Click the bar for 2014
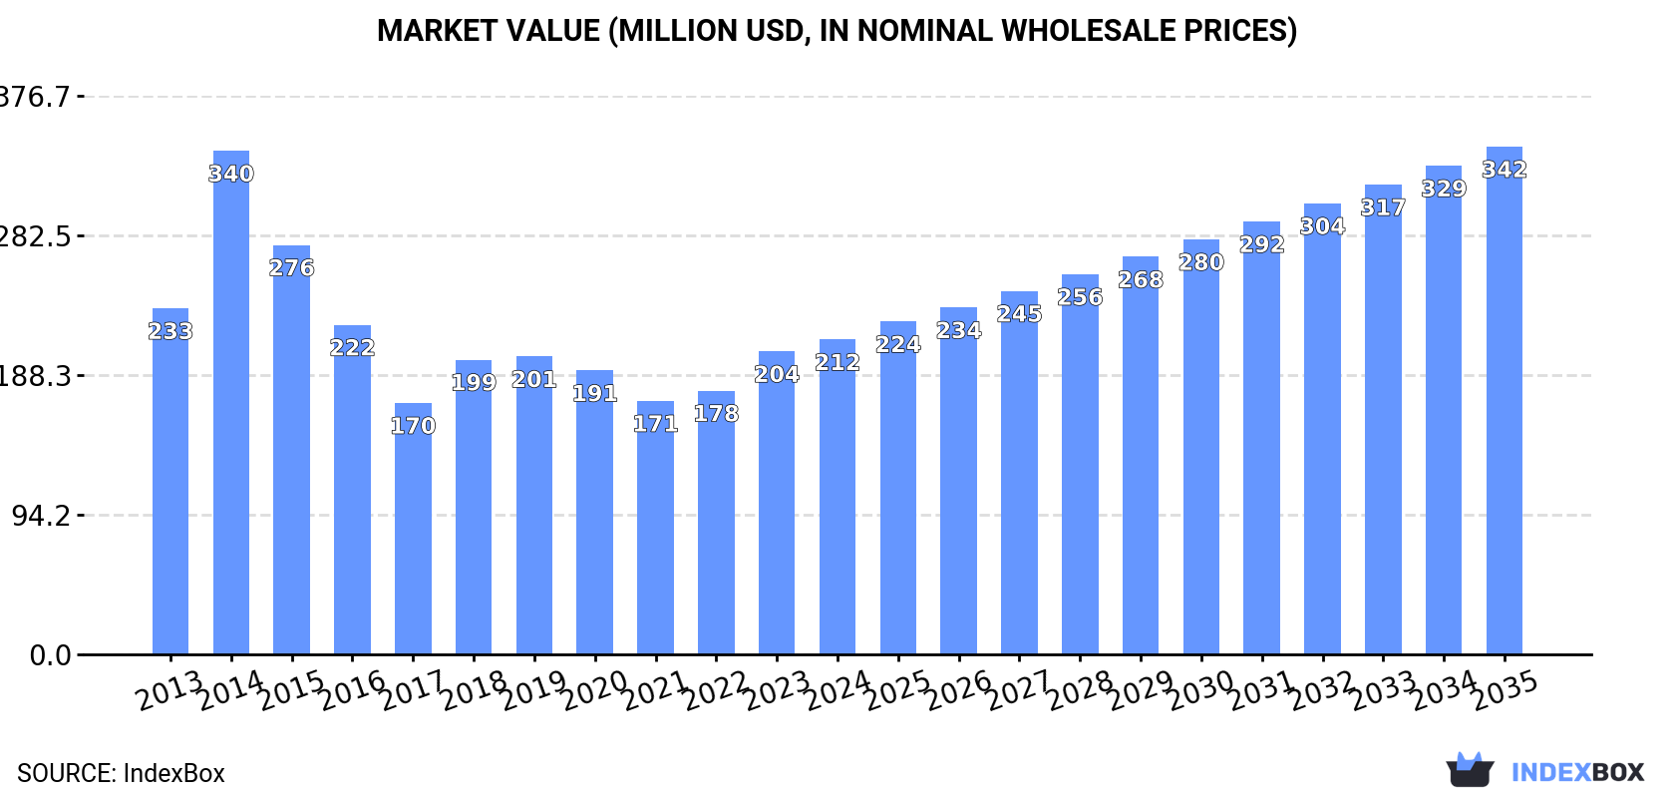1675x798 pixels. click(x=231, y=403)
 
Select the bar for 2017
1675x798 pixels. click(x=413, y=529)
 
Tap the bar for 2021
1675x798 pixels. click(x=655, y=528)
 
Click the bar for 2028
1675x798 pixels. click(x=1080, y=465)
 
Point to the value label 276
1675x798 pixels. click(x=292, y=268)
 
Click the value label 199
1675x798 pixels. click(x=474, y=382)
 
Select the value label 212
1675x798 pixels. click(x=837, y=363)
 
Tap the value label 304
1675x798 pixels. click(x=1322, y=226)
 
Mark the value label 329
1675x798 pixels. click(x=1444, y=189)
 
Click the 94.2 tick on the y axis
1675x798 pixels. click(x=40, y=516)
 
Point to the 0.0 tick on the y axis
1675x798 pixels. click(x=50, y=655)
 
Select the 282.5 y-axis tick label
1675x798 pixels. click(x=34, y=236)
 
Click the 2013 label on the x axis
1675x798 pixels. click(x=170, y=690)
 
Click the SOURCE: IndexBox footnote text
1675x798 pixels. click(x=121, y=773)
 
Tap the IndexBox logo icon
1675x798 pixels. click(x=1470, y=770)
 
